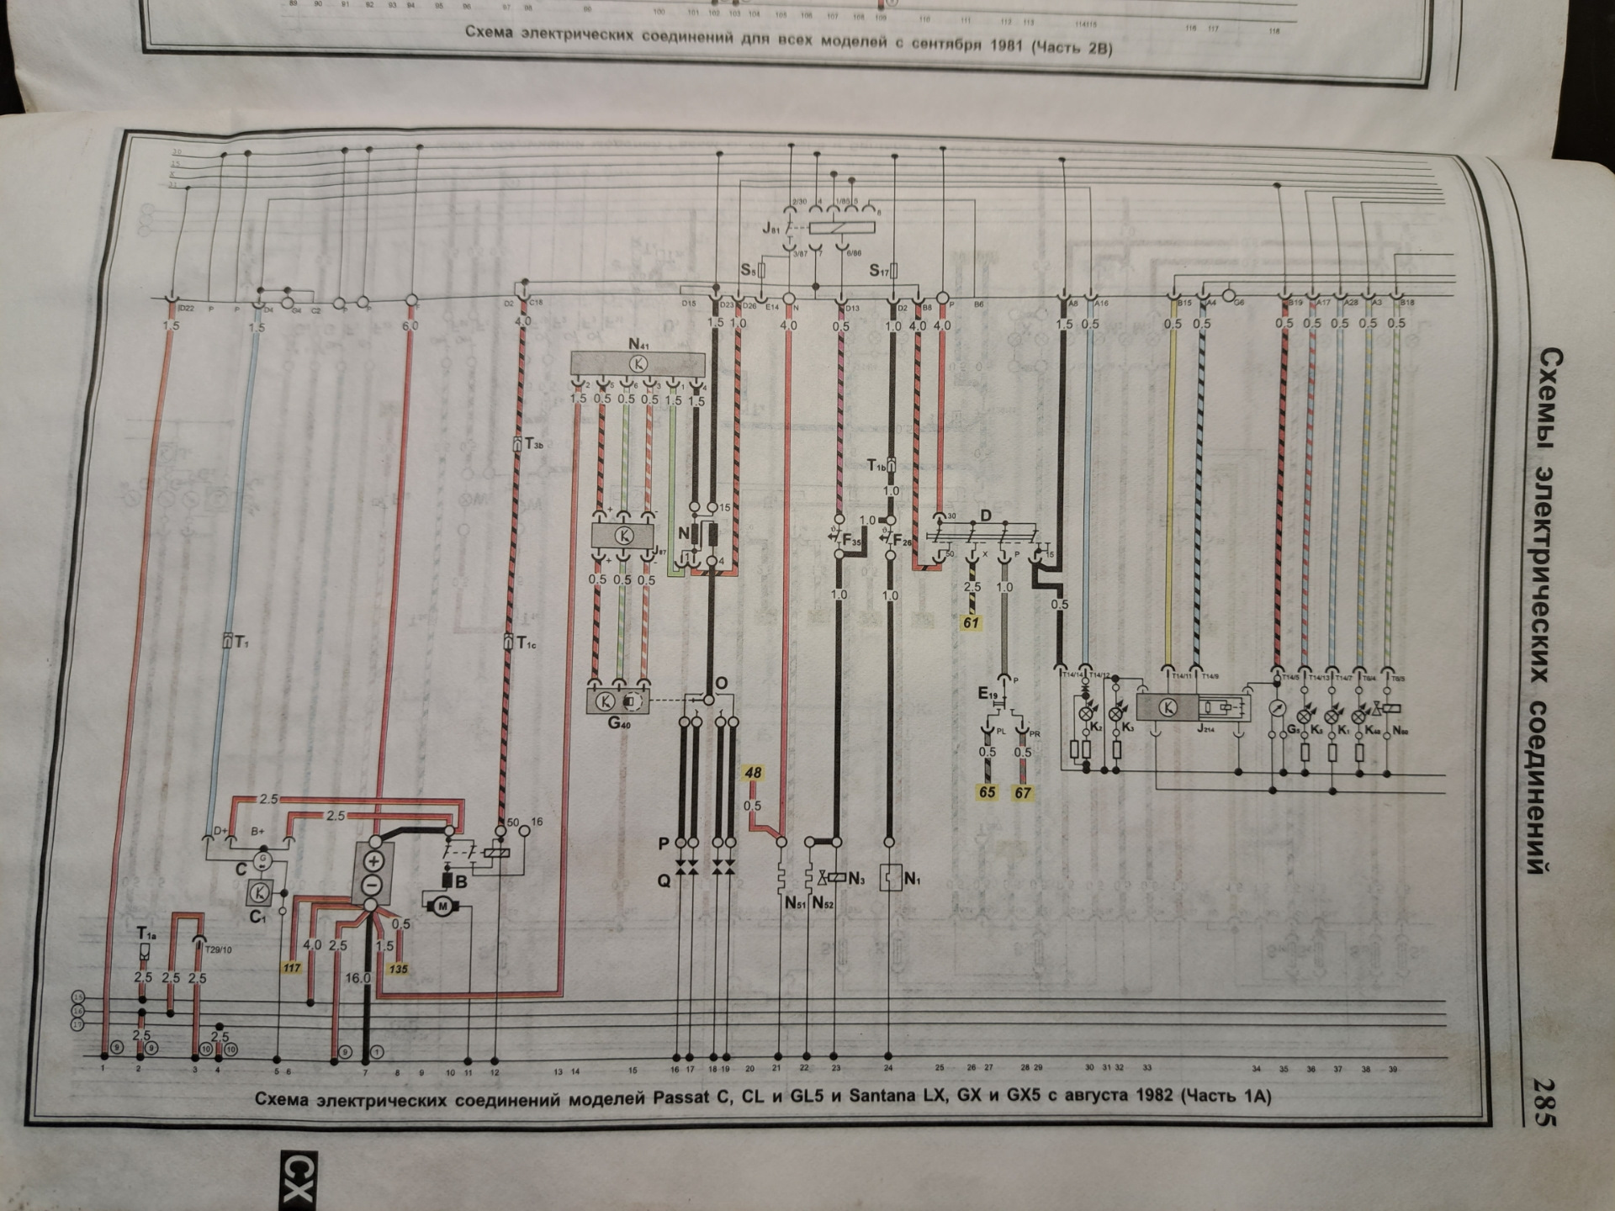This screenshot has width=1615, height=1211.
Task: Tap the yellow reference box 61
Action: (x=972, y=623)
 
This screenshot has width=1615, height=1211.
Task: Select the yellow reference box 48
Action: (x=753, y=773)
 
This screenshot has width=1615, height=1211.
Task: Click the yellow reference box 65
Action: (x=987, y=792)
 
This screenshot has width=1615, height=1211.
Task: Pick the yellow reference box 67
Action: (x=1023, y=792)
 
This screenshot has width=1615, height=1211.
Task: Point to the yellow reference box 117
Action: (x=292, y=968)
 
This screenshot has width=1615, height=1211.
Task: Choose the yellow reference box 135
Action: (x=398, y=969)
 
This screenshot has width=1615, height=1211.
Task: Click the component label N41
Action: (x=639, y=344)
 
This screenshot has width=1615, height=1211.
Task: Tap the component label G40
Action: (x=619, y=723)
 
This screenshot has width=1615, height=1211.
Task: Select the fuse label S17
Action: (x=880, y=271)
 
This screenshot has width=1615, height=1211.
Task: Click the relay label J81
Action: (x=771, y=228)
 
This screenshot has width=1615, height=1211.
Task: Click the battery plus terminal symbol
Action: (x=373, y=861)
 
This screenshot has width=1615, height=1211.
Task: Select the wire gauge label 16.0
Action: (x=357, y=978)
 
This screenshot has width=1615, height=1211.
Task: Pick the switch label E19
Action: (x=988, y=694)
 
